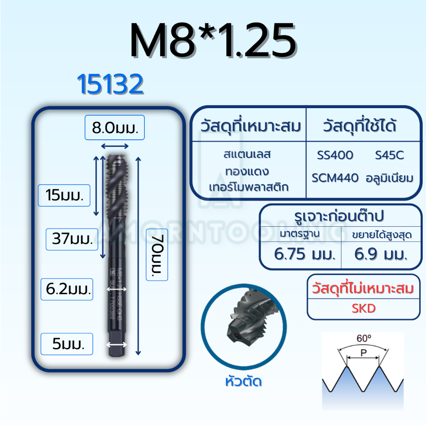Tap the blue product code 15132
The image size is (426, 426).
110,85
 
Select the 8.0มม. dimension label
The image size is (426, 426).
114,127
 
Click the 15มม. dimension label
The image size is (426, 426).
64,195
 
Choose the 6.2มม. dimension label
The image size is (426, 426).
67,289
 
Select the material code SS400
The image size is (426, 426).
335,156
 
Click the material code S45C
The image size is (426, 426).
389,156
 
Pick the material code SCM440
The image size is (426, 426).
335,178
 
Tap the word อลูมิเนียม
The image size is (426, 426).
389,178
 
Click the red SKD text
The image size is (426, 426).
363,308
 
